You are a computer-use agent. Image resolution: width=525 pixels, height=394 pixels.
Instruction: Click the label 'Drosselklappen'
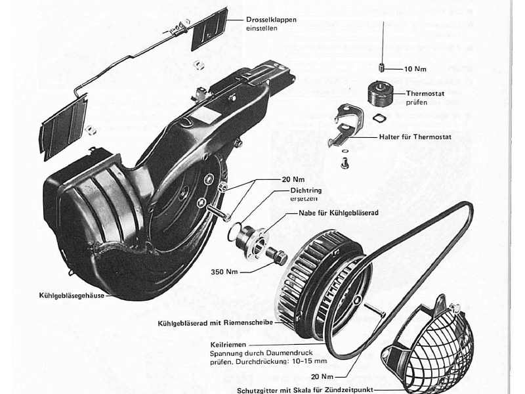click(272, 20)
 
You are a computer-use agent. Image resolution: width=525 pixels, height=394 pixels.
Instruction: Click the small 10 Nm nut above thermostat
click(381, 67)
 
